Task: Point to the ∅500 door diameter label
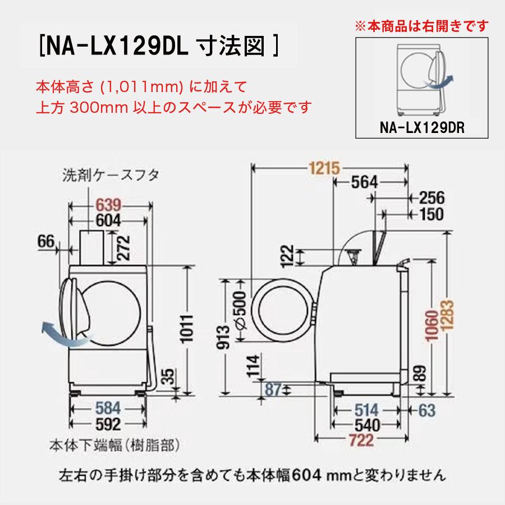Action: point(240,309)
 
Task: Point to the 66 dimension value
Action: point(46,242)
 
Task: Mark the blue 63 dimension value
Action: point(426,410)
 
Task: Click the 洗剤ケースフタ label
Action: point(111,175)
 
